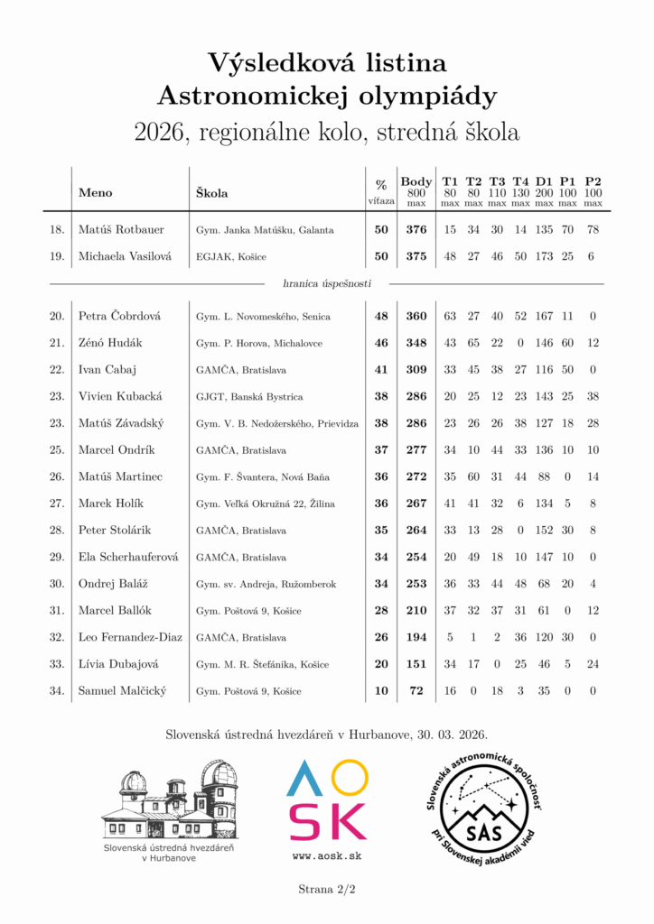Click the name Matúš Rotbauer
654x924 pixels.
121,230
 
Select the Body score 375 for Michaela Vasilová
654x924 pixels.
416,256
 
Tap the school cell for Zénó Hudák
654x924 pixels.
258,344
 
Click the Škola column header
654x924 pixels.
212,192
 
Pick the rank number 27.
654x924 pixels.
57,504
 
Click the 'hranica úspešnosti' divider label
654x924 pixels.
327,283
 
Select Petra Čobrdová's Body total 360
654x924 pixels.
416,317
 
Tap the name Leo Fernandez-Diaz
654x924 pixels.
130,637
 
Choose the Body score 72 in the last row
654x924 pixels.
416,691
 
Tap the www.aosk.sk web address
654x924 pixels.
327,855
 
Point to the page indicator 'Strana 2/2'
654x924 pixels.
327,890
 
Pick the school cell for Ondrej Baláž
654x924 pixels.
266,584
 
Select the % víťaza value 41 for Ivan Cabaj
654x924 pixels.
381,370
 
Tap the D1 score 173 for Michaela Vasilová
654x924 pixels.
544,256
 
